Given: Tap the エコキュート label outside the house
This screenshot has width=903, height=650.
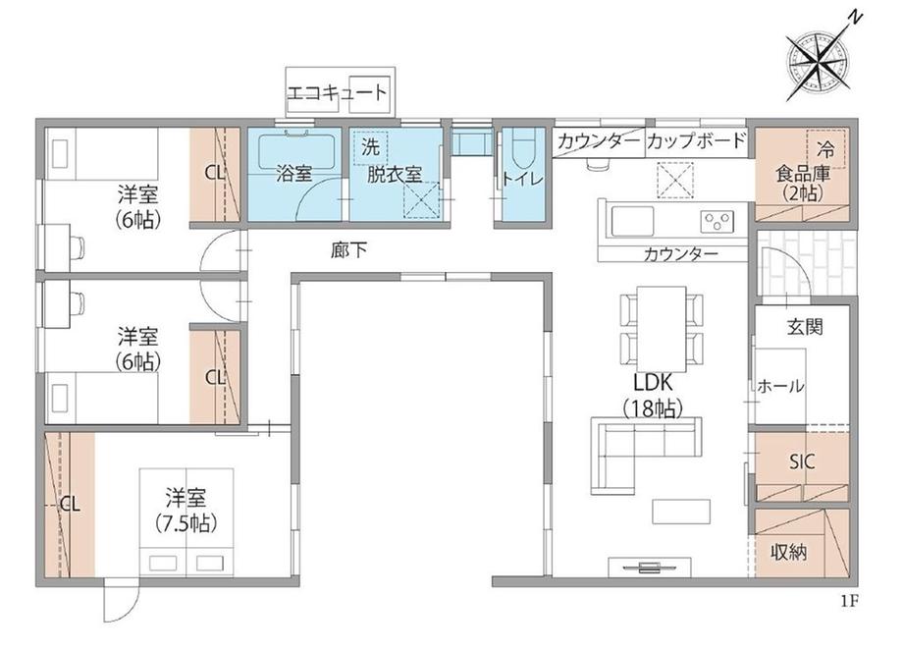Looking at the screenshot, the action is pyautogui.click(x=337, y=92).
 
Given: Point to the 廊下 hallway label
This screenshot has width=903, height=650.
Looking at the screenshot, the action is pyautogui.click(x=349, y=250).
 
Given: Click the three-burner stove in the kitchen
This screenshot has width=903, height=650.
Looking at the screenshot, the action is pyautogui.click(x=717, y=221).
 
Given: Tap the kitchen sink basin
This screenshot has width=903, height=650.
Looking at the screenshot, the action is pyautogui.click(x=633, y=221).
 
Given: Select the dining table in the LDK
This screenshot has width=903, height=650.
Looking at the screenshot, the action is pyautogui.click(x=662, y=329).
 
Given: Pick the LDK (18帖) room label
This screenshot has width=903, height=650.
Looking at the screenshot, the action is pyautogui.click(x=653, y=396).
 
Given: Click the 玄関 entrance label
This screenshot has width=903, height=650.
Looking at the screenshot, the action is pyautogui.click(x=805, y=327).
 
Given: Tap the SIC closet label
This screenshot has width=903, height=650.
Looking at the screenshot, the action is pyautogui.click(x=802, y=461).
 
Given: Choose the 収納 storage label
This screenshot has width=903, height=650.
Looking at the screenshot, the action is pyautogui.click(x=788, y=553).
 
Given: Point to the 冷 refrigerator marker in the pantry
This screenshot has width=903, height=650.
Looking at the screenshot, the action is pyautogui.click(x=825, y=149).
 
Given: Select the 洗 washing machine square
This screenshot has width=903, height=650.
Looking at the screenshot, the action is pyautogui.click(x=370, y=147).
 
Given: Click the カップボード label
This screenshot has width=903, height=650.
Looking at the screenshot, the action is pyautogui.click(x=696, y=140).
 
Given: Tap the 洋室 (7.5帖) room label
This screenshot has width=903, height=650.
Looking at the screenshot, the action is pyautogui.click(x=186, y=510).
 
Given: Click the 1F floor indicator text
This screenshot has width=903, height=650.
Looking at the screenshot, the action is pyautogui.click(x=849, y=602).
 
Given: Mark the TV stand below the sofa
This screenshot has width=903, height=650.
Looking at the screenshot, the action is pyautogui.click(x=650, y=567).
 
